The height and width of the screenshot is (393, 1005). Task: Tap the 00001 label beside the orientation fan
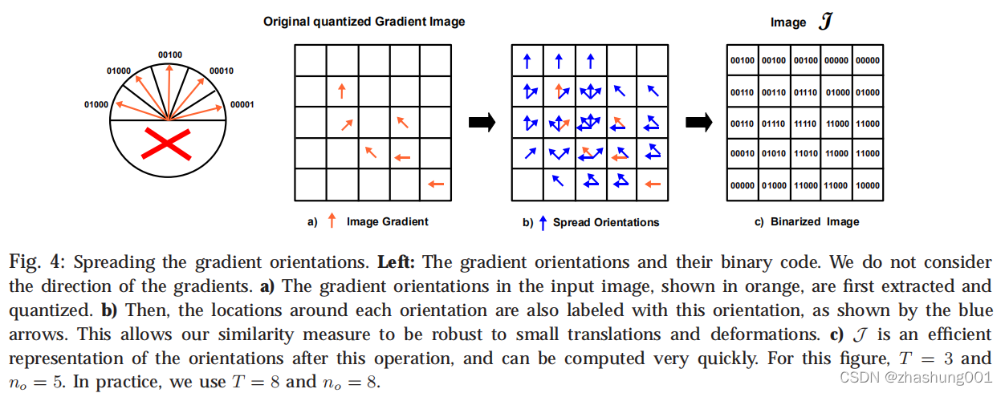click(x=242, y=104)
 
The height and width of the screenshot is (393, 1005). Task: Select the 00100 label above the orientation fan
click(x=169, y=54)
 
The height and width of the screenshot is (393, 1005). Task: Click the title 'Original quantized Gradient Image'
click(x=364, y=22)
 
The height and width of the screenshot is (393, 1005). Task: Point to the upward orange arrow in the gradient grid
click(x=341, y=91)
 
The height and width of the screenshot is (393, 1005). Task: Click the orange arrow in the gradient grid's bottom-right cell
click(x=435, y=184)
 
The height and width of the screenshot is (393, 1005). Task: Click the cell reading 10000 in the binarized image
click(x=867, y=185)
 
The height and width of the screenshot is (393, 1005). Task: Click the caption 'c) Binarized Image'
click(x=807, y=222)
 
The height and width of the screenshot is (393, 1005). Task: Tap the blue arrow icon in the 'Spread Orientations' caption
click(x=543, y=222)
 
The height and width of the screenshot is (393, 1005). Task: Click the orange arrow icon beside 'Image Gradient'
click(x=332, y=222)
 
